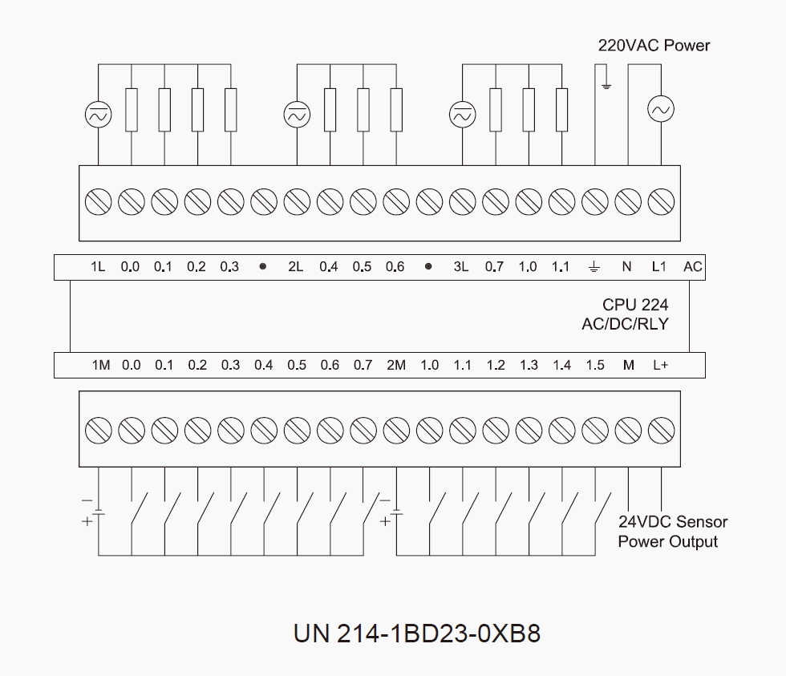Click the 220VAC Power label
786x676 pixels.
click(x=654, y=45)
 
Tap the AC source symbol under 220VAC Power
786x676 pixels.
click(x=661, y=109)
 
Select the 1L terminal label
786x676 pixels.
click(x=98, y=267)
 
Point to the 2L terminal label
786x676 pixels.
click(x=295, y=267)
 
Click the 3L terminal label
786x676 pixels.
click(x=460, y=267)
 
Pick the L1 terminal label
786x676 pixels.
click(x=658, y=267)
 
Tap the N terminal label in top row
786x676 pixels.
click(x=627, y=267)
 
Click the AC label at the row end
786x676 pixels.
click(x=692, y=267)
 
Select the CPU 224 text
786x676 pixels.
click(x=635, y=305)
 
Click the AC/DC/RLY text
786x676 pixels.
click(x=625, y=325)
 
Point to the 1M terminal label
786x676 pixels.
click(x=100, y=366)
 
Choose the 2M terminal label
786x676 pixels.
click(x=396, y=366)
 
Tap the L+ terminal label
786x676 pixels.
click(x=660, y=366)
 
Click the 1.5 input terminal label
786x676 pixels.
click(x=594, y=366)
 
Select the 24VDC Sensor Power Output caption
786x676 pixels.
click(x=672, y=532)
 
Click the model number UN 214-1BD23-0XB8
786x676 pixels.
click(x=416, y=633)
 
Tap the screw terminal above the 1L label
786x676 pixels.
click(x=99, y=200)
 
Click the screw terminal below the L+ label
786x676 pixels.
click(x=661, y=428)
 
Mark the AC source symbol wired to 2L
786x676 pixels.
click(x=296, y=115)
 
